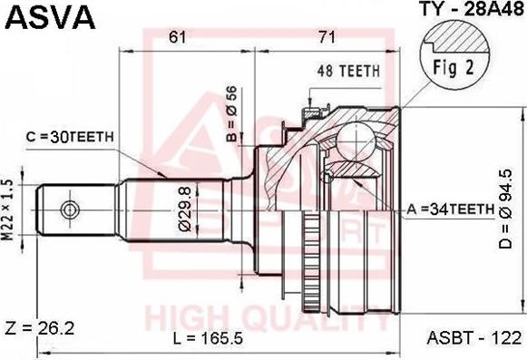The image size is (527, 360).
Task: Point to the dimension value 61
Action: pos(179,36)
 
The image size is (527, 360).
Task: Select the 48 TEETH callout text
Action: pos(347,70)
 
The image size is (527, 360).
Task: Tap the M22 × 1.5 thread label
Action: pos(8,209)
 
